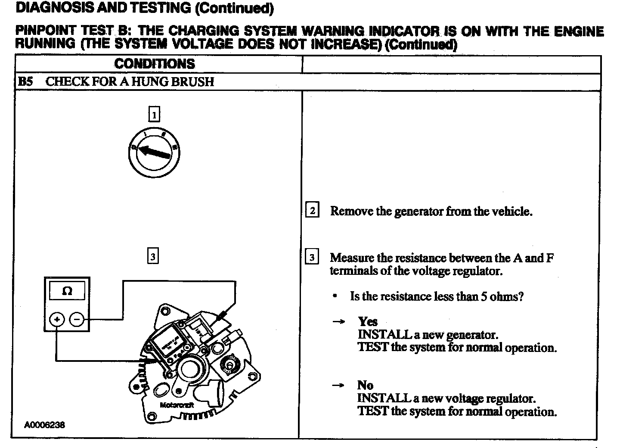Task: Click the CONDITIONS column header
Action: pos(155,64)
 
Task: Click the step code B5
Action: pos(26,82)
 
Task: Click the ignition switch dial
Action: pos(154,151)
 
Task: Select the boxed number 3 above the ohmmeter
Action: pos(153,257)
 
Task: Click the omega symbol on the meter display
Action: pos(67,291)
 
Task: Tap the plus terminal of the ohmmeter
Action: pos(57,320)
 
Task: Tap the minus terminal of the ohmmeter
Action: pos(77,320)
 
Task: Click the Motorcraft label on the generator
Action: pos(177,405)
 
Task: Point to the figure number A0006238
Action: pos(45,425)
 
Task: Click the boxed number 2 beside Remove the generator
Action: pos(312,211)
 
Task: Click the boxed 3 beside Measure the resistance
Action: pos(312,258)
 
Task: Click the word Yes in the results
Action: pos(368,321)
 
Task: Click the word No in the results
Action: pos(365,385)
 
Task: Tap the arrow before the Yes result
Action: pos(339,322)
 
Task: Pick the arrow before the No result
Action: pos(339,386)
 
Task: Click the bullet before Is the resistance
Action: pos(335,296)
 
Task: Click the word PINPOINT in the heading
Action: pos(46,31)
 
